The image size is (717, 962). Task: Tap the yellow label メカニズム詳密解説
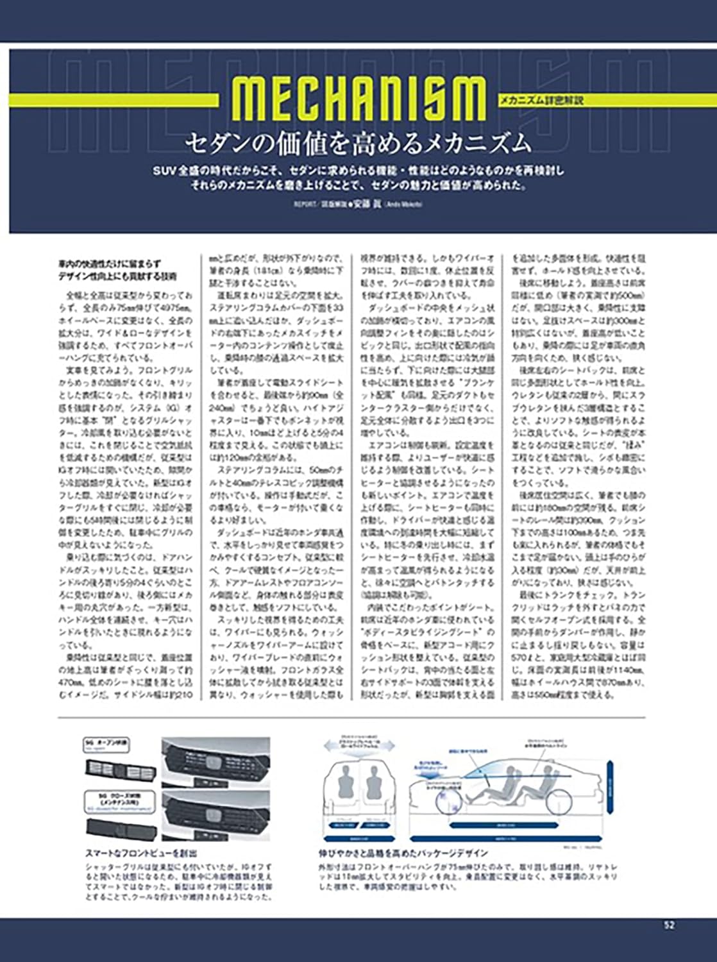click(x=542, y=100)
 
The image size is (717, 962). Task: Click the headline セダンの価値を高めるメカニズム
click(x=358, y=142)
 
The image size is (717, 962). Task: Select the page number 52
click(x=669, y=925)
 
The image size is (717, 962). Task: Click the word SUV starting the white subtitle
click(x=164, y=171)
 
